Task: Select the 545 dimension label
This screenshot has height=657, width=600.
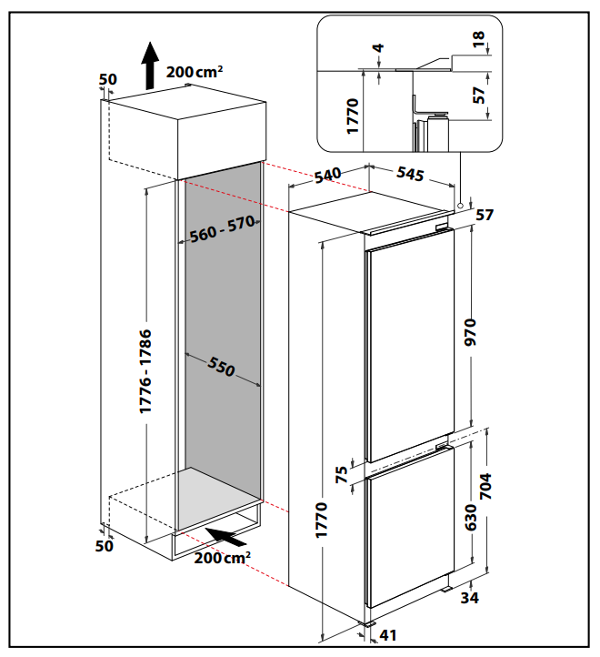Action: click(x=410, y=175)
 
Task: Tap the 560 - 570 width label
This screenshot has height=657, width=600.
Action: click(x=222, y=231)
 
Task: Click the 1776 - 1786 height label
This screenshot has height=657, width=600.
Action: click(x=145, y=372)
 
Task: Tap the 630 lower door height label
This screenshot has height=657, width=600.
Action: click(x=469, y=516)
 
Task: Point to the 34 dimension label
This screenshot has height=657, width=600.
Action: click(x=469, y=598)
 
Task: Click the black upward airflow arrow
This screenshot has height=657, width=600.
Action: click(x=147, y=67)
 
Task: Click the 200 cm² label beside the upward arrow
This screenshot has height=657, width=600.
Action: click(x=194, y=69)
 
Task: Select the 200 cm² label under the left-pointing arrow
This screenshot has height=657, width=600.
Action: click(x=222, y=557)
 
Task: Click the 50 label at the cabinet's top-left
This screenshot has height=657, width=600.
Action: click(x=107, y=80)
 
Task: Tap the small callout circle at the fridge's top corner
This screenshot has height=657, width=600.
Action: click(x=461, y=206)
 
